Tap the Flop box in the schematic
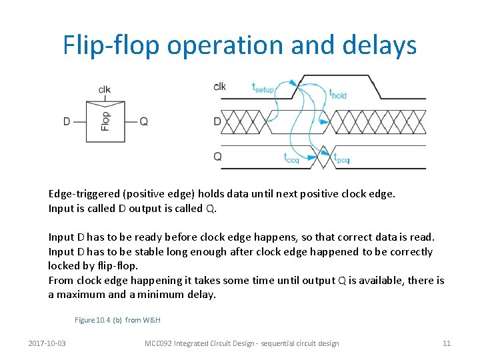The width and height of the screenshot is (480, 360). [106, 121]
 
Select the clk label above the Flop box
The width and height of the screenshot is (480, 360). [105, 90]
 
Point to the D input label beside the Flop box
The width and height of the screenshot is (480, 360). [67, 121]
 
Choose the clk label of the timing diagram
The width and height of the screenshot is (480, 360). [219, 87]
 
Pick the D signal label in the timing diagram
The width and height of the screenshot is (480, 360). [217, 121]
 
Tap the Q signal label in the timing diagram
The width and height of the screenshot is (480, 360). [217, 156]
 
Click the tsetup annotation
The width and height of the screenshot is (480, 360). [263, 87]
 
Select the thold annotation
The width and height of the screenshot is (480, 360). [338, 94]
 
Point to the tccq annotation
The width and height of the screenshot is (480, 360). [291, 159]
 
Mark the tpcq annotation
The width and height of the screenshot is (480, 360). [341, 159]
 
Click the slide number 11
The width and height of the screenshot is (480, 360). [447, 343]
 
